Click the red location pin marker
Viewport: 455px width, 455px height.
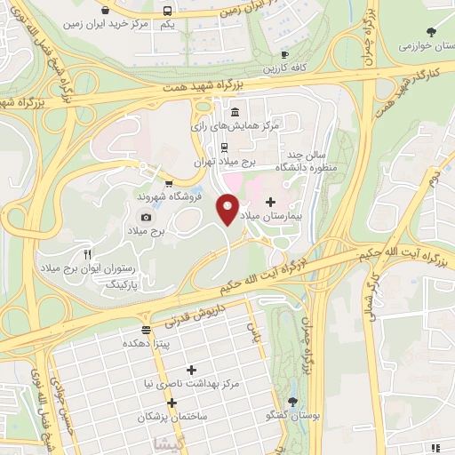pyautogui.click(x=228, y=208)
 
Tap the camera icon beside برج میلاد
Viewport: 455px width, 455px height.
pyautogui.click(x=146, y=217)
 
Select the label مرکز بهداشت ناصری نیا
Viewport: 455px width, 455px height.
pyautogui.click(x=193, y=384)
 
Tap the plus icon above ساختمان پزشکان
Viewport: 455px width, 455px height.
pyautogui.click(x=172, y=402)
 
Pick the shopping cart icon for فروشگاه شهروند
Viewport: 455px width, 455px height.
pyautogui.click(x=168, y=184)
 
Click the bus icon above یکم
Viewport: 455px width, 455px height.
pyautogui.click(x=168, y=11)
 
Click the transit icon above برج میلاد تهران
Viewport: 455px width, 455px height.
pyautogui.click(x=225, y=148)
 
